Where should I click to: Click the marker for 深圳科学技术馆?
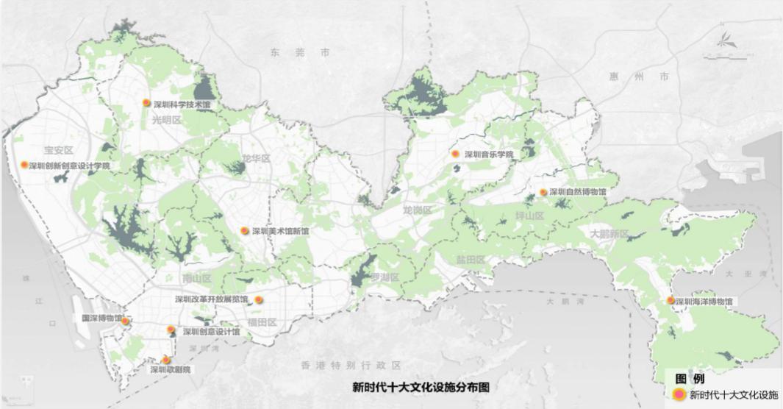pos(147,104)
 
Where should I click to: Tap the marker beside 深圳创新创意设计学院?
pos(24,165)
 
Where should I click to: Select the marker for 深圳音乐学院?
pos(455,154)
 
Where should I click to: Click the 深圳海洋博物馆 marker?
pos(671,300)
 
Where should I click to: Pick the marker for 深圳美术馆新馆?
pos(245,230)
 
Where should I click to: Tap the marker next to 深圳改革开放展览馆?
pos(259,300)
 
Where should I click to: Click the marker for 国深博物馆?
pos(126,321)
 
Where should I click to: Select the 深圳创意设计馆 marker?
pos(171,330)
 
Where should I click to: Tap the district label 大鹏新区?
pos(609,233)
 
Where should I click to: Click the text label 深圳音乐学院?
pos(488,155)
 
